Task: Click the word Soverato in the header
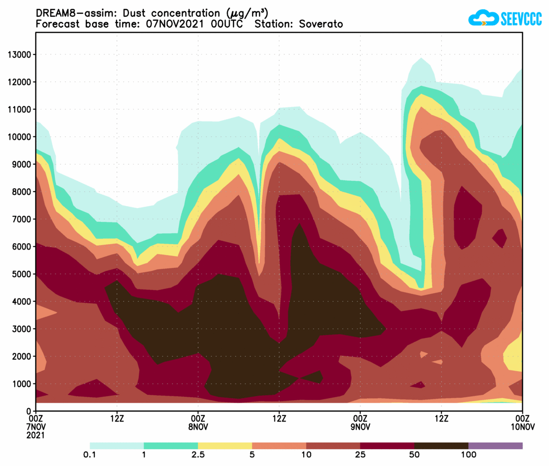(x=320, y=24)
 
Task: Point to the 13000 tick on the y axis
(x=19, y=54)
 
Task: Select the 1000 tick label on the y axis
(x=21, y=383)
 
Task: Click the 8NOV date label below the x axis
(x=198, y=427)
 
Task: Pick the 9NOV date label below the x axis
(x=360, y=427)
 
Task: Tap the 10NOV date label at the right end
(x=522, y=427)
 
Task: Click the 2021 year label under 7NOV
(x=36, y=435)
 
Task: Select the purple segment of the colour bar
(x=495, y=446)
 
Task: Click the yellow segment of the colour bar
(x=225, y=446)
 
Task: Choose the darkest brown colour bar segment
(x=441, y=446)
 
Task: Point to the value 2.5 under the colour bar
(x=198, y=455)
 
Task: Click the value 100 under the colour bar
(x=468, y=455)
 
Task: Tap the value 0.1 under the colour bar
(x=90, y=455)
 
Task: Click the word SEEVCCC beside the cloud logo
(x=521, y=19)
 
